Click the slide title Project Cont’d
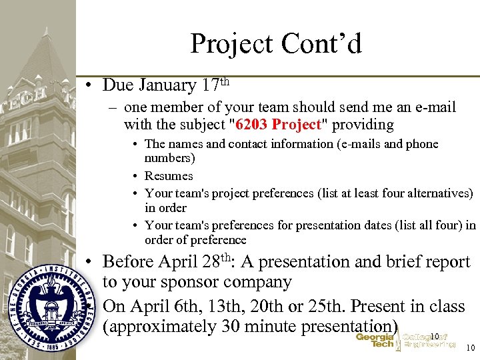(275, 44)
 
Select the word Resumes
(169, 176)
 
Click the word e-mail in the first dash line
(433, 107)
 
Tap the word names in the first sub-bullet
(185, 144)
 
